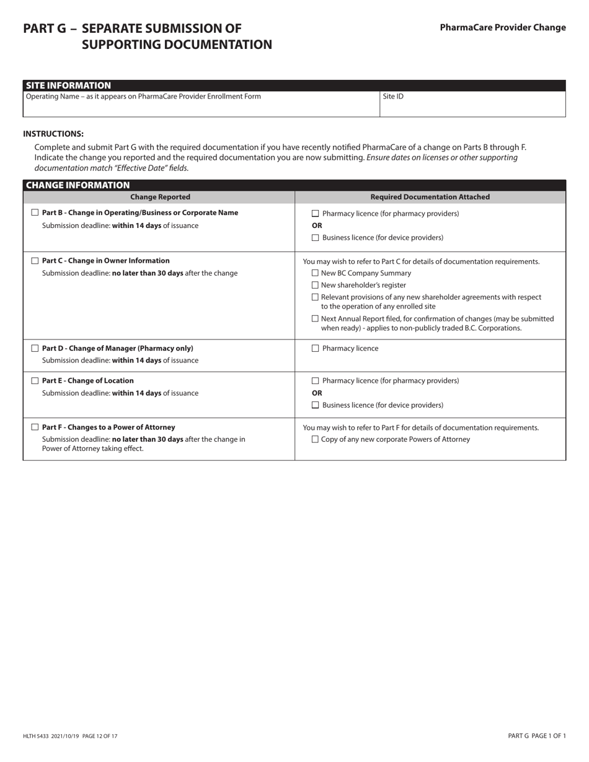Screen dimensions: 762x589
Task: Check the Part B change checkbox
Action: (x=35, y=212)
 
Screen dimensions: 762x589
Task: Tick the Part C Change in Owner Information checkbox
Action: (x=35, y=261)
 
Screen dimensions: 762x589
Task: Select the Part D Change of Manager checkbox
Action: (x=35, y=348)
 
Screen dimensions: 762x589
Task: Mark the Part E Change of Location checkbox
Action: (x=35, y=380)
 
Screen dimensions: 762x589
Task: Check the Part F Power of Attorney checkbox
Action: (x=35, y=427)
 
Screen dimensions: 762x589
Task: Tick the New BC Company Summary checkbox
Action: (x=315, y=273)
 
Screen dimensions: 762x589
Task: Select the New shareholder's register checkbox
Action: (x=315, y=285)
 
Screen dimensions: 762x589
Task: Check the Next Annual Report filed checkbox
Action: (x=315, y=318)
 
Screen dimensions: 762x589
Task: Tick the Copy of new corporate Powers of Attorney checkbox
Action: (x=315, y=439)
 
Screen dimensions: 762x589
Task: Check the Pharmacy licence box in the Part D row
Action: (x=315, y=348)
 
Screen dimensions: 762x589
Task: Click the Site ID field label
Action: (x=393, y=97)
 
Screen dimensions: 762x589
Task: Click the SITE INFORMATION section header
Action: (x=68, y=85)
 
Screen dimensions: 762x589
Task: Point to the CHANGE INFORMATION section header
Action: (x=77, y=185)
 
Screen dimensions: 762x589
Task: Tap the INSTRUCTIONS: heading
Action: (x=53, y=134)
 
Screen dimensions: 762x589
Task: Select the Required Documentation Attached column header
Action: (x=430, y=197)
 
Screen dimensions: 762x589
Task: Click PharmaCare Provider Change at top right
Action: (x=502, y=27)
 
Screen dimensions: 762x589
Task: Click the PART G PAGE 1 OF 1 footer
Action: (x=536, y=736)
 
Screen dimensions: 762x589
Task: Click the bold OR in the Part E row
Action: (x=317, y=393)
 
